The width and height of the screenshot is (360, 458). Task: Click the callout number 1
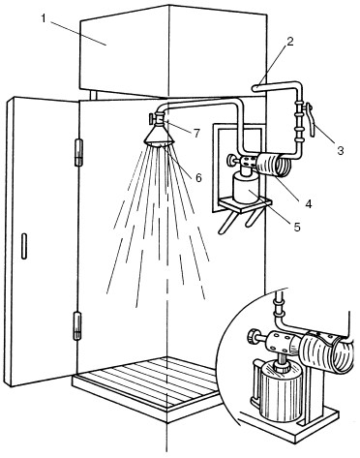(x=44, y=18)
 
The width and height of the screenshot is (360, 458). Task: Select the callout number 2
(x=289, y=42)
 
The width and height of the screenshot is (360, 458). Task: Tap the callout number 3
(x=341, y=150)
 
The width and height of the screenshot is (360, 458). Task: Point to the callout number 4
(x=308, y=203)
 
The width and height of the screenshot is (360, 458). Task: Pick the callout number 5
(x=297, y=227)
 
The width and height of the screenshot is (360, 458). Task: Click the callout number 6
(x=197, y=177)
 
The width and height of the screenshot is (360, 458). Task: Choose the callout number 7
(x=196, y=133)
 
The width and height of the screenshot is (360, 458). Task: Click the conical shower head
(x=159, y=136)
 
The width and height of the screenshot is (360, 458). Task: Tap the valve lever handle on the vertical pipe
(x=311, y=119)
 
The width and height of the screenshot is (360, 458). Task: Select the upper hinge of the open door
(x=78, y=152)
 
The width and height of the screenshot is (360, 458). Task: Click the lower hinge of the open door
(x=77, y=325)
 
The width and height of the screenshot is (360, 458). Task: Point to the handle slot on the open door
(x=24, y=246)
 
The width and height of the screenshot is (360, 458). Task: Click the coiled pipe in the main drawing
(x=274, y=165)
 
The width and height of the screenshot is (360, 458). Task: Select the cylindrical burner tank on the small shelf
(x=247, y=188)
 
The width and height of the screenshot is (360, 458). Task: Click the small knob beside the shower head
(x=151, y=118)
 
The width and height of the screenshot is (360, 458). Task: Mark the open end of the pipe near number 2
(x=254, y=87)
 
